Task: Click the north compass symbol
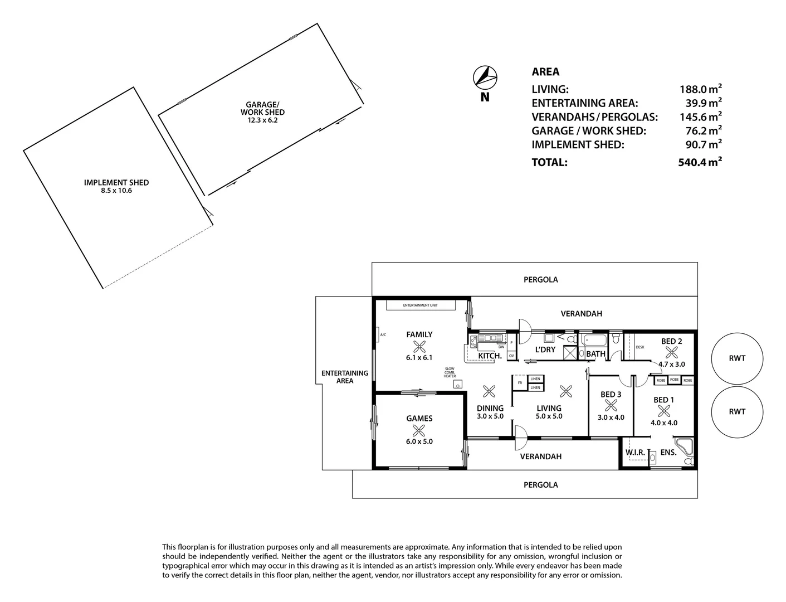485,77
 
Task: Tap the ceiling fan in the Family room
419,346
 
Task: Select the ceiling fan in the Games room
419,430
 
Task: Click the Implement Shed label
116,182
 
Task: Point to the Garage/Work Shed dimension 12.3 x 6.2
262,120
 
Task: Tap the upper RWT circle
736,358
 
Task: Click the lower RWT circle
736,411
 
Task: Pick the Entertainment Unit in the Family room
421,305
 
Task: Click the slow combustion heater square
457,384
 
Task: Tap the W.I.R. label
635,453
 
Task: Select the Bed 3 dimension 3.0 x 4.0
611,417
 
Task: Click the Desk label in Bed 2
639,347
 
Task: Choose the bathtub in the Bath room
594,339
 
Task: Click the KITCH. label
490,356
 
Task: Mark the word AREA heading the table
545,72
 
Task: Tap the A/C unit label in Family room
383,335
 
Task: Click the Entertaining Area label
344,377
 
